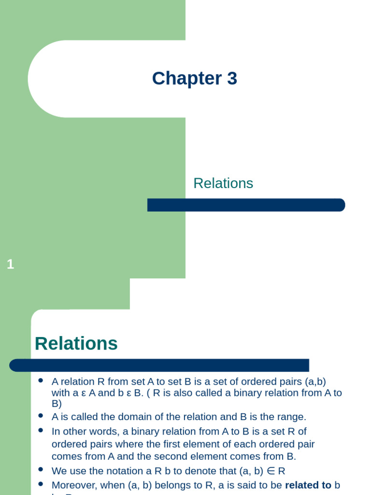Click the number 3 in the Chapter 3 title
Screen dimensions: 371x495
(231, 79)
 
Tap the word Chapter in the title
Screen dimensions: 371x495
(186, 79)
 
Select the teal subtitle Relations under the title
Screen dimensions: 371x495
(223, 183)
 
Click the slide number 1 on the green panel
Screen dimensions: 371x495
(11, 264)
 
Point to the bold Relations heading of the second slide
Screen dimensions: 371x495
(76, 344)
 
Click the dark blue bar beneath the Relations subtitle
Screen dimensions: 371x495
(246, 205)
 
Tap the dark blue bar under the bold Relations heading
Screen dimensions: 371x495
(159, 365)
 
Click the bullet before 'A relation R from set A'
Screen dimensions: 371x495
(41, 380)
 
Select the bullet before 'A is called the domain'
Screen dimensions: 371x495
(41, 415)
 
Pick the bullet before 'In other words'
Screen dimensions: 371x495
(41, 430)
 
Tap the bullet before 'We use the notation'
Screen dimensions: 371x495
(41, 469)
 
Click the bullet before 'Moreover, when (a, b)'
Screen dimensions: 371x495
(41, 483)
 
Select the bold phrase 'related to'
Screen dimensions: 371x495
(308, 484)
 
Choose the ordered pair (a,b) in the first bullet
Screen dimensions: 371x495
(315, 382)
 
